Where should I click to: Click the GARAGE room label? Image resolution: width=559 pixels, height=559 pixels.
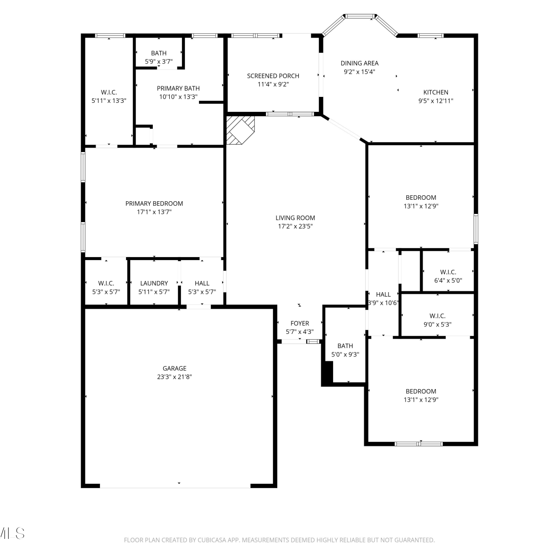pyautogui.click(x=174, y=368)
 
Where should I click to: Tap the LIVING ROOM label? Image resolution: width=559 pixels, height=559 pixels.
pyautogui.click(x=295, y=218)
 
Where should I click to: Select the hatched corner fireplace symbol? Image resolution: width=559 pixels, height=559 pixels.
pyautogui.click(x=240, y=130)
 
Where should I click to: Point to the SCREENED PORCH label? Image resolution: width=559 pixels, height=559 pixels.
pyautogui.click(x=273, y=76)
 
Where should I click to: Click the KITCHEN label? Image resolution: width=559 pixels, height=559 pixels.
pyautogui.click(x=436, y=92)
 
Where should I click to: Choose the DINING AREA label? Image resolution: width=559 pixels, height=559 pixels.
pyautogui.click(x=359, y=63)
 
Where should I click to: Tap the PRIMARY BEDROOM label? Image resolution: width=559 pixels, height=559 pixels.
pyautogui.click(x=154, y=203)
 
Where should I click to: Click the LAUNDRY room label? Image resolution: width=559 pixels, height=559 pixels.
pyautogui.click(x=154, y=283)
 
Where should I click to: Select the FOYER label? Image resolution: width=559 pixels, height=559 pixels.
pyautogui.click(x=300, y=323)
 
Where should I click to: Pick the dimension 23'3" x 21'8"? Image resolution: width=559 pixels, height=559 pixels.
pyautogui.click(x=174, y=377)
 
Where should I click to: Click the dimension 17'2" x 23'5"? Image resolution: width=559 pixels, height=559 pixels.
pyautogui.click(x=295, y=226)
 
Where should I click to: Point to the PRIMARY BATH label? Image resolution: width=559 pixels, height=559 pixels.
pyautogui.click(x=178, y=88)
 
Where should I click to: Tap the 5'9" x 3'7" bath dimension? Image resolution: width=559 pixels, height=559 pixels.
pyautogui.click(x=159, y=61)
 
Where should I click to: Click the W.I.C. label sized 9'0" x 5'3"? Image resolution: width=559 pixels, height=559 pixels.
pyautogui.click(x=437, y=316)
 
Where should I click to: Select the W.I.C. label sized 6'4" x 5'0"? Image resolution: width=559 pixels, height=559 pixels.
pyautogui.click(x=448, y=272)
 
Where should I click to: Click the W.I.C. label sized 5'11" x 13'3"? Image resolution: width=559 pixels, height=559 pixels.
pyautogui.click(x=109, y=92)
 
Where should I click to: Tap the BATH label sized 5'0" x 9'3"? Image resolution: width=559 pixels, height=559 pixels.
pyautogui.click(x=345, y=346)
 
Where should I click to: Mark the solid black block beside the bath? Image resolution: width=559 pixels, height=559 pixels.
pyautogui.click(x=327, y=373)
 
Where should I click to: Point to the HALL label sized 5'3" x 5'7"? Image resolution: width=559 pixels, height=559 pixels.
pyautogui.click(x=202, y=283)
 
